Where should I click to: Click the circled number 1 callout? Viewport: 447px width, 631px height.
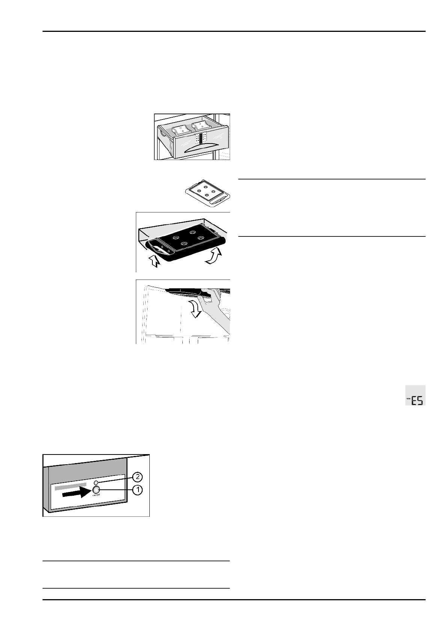pyautogui.click(x=138, y=490)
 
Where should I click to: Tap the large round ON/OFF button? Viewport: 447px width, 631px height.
pyautogui.click(x=96, y=490)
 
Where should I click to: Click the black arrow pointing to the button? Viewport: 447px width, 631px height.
pyautogui.click(x=76, y=494)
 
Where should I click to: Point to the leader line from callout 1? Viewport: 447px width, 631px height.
pyautogui.click(x=116, y=490)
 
